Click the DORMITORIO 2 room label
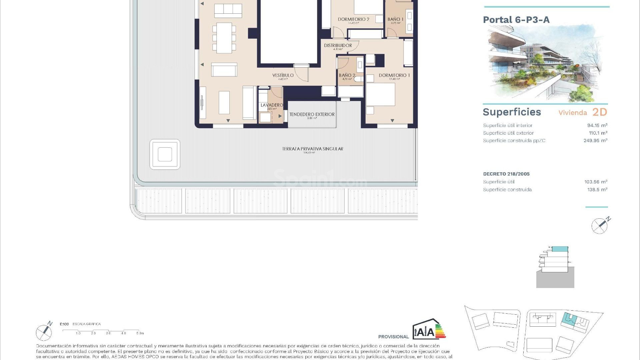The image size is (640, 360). pyautogui.click(x=353, y=19)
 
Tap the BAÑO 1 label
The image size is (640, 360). pyautogui.click(x=395, y=19)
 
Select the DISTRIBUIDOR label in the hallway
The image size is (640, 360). pyautogui.click(x=338, y=45)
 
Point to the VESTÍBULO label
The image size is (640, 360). pyautogui.click(x=283, y=75)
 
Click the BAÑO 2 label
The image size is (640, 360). pyautogui.click(x=347, y=75)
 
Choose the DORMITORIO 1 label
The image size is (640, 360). pyautogui.click(x=394, y=75)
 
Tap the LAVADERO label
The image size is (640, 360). pyautogui.click(x=272, y=105)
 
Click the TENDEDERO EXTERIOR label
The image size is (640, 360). pyautogui.click(x=312, y=114)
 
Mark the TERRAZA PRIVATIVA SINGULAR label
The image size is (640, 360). pyautogui.click(x=312, y=149)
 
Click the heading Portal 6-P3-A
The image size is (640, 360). pyautogui.click(x=516, y=20)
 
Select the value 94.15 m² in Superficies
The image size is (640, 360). pyautogui.click(x=597, y=125)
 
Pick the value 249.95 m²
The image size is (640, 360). pyautogui.click(x=595, y=141)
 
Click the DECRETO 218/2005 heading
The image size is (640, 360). pyautogui.click(x=506, y=174)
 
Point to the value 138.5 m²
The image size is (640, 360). pyautogui.click(x=597, y=190)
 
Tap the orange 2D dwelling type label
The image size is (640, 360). pyautogui.click(x=600, y=112)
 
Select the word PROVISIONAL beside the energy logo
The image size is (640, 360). pyautogui.click(x=393, y=337)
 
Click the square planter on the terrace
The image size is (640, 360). pyautogui.click(x=165, y=154)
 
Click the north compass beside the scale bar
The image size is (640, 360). pyautogui.click(x=44, y=331)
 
